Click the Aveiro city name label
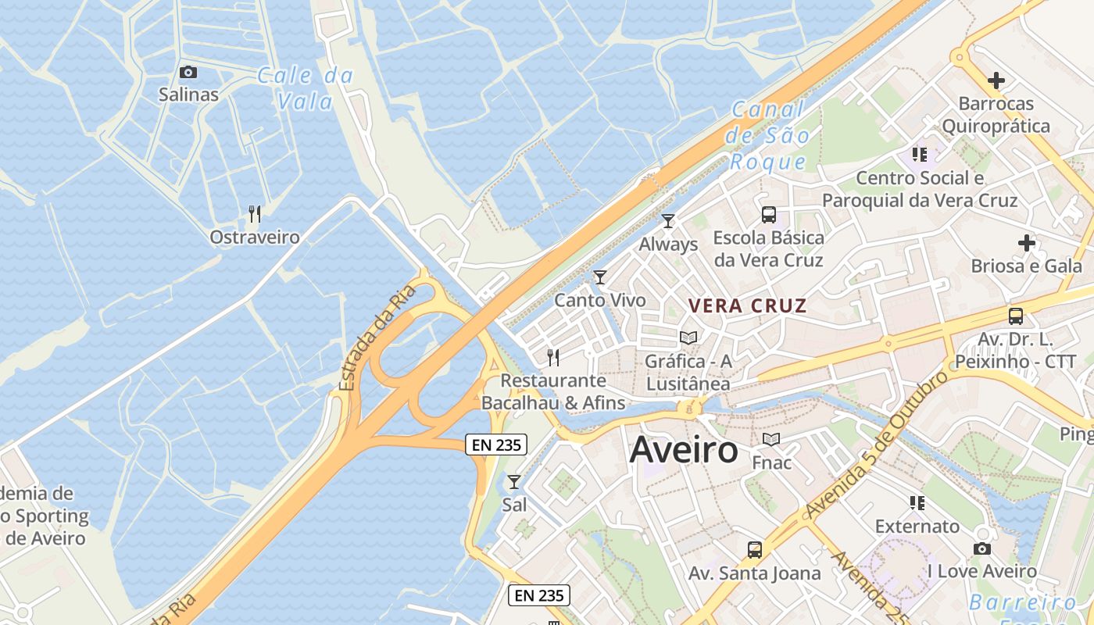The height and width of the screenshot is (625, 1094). pos(684,450)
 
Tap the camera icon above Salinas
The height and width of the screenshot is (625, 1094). pos(188,73)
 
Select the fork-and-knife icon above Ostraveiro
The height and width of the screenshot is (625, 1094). pos(254,214)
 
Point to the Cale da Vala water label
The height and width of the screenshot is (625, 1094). pos(306,88)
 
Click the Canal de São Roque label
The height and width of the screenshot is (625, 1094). pos(767,136)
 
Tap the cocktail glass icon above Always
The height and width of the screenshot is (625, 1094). pos(668,221)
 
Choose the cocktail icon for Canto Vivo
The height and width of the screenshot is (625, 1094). pos(600,277)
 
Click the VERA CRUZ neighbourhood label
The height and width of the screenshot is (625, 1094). pos(746,305)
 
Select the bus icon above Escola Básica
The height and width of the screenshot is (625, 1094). pos(769,215)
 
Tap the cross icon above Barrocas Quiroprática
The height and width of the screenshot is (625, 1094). pos(996,80)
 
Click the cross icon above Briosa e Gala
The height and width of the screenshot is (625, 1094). pos(1027,244)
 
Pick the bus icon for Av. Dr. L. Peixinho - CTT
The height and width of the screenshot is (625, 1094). pos(1016,316)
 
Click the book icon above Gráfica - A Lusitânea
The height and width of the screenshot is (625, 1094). pos(688,337)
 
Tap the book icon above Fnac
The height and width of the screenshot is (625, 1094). pos(771,440)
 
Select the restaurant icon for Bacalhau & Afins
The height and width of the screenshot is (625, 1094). pos(553,358)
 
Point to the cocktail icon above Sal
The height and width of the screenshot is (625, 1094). pos(514,482)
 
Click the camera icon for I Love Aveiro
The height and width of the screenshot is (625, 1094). pos(982,549)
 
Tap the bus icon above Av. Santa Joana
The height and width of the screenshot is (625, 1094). pos(755,550)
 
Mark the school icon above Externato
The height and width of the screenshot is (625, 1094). pos(917,503)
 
